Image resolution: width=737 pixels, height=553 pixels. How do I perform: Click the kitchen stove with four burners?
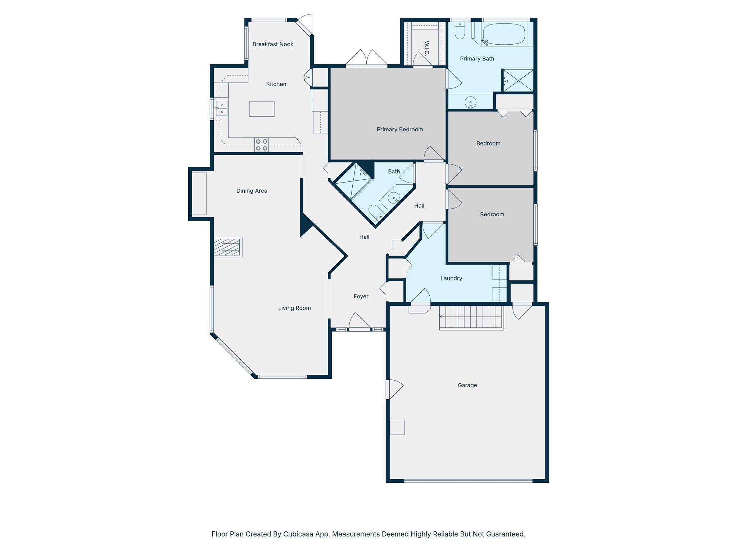262,145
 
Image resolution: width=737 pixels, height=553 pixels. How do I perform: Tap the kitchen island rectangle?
262,109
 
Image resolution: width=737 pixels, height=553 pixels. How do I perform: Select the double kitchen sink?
221,108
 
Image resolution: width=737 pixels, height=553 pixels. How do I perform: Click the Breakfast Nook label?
273,44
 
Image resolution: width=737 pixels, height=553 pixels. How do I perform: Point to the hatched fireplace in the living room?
228,247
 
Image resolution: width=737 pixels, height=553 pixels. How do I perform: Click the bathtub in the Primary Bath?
504,34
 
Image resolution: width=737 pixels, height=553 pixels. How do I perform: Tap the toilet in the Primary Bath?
460,31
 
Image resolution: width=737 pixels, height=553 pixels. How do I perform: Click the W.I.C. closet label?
427,48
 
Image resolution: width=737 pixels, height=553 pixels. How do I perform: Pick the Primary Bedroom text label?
400,129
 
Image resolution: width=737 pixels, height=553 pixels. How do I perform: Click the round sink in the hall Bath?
394,198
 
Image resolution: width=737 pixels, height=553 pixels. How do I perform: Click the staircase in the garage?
471,317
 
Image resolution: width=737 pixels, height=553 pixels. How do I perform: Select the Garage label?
467,385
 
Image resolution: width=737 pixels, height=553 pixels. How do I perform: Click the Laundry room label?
451,278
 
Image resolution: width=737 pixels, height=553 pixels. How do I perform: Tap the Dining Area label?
252,191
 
